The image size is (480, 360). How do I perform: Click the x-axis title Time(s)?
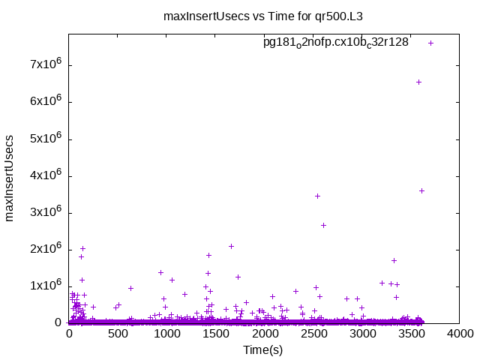pos(262,349)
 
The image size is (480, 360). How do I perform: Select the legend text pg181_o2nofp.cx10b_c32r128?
pos(335,43)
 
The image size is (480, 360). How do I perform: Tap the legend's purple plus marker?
pos(430,43)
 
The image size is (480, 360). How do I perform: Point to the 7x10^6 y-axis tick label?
pos(45,64)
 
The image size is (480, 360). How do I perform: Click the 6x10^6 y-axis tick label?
pos(45,101)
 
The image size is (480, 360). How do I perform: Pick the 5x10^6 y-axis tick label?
pos(45,139)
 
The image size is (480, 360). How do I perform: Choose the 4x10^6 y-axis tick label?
pos(45,175)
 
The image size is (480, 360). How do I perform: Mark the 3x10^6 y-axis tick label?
pos(45,212)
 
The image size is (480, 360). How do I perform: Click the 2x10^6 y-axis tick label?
pos(45,249)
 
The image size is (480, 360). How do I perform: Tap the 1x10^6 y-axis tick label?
pos(45,286)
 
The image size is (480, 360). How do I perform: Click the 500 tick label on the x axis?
pos(118,334)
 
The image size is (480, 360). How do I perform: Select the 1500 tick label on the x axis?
pos(215,334)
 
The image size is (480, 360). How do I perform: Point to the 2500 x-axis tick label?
pos(313,334)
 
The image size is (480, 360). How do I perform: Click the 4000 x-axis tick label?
pos(459,334)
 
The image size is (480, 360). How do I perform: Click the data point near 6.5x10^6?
pos(418,82)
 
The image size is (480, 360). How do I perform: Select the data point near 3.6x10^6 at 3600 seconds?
pos(421,190)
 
